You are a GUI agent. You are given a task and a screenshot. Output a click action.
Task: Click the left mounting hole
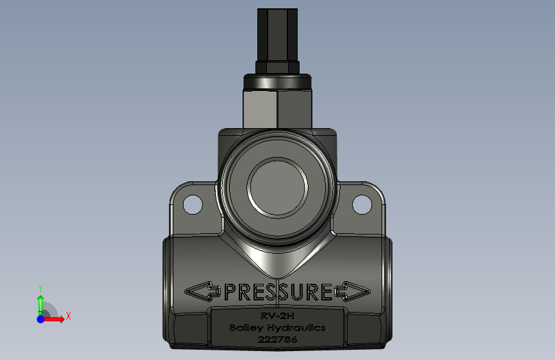(x=193, y=205)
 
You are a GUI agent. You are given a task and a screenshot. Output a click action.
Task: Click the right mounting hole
(x=362, y=205)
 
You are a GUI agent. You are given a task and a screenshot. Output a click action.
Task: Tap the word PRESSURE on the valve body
(x=278, y=292)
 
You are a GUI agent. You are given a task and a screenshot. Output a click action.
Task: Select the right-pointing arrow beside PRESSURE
(x=353, y=291)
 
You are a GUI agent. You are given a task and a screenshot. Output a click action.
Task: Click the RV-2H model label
(x=278, y=316)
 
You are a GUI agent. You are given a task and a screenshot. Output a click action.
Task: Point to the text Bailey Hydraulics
(x=278, y=328)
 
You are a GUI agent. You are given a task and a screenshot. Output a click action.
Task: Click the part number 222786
(x=278, y=340)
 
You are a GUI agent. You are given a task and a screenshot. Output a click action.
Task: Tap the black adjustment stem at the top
(x=278, y=35)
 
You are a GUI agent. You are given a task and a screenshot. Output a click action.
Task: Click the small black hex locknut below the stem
(x=278, y=67)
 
